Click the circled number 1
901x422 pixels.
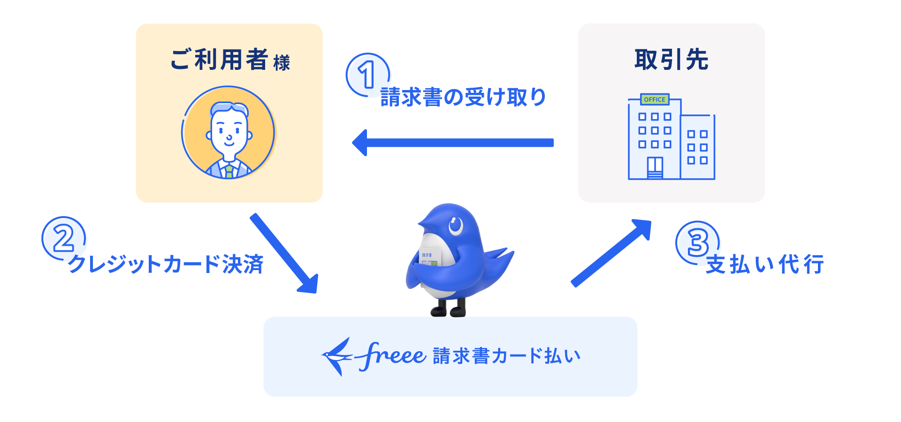(x=368, y=75)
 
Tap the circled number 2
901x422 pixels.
(x=64, y=238)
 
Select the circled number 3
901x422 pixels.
(x=698, y=242)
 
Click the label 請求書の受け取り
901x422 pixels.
(x=463, y=98)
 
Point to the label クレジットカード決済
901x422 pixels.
(x=166, y=264)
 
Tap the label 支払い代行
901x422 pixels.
(x=765, y=264)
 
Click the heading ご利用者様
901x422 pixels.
(x=230, y=60)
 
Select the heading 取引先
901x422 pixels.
(x=671, y=60)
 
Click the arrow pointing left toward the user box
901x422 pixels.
(x=453, y=143)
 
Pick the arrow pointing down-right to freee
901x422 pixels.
(x=284, y=254)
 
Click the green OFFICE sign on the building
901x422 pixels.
(x=655, y=99)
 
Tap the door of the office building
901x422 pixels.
(x=655, y=168)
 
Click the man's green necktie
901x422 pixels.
(x=229, y=171)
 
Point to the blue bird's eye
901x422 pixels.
(x=455, y=226)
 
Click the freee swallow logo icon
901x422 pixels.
(x=337, y=356)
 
